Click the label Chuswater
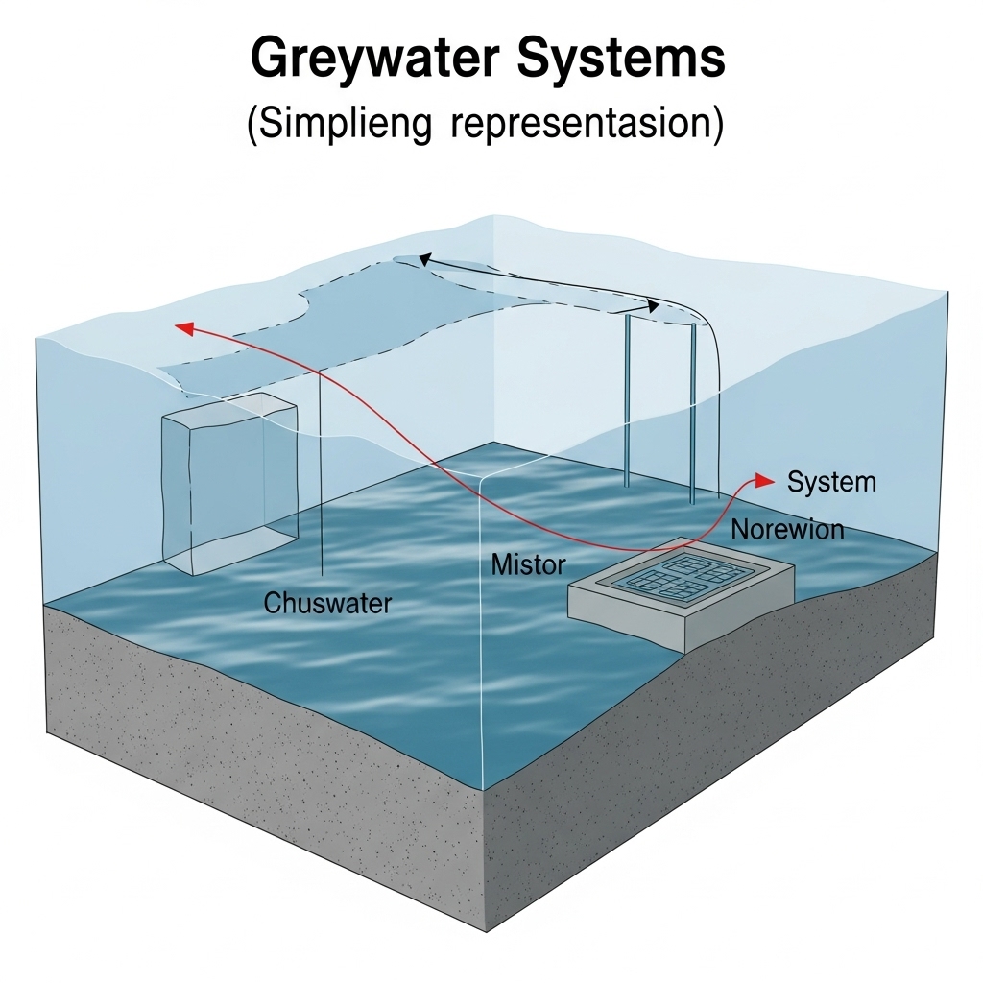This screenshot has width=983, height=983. click(327, 604)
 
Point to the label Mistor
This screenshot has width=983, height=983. click(528, 564)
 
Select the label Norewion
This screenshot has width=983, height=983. click(787, 529)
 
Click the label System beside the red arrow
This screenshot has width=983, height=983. click(831, 481)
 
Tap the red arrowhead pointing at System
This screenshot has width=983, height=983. click(764, 479)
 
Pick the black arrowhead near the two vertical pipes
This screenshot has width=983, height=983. click(653, 306)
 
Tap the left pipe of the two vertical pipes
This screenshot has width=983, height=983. click(628, 403)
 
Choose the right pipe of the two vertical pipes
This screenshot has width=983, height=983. click(690, 413)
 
